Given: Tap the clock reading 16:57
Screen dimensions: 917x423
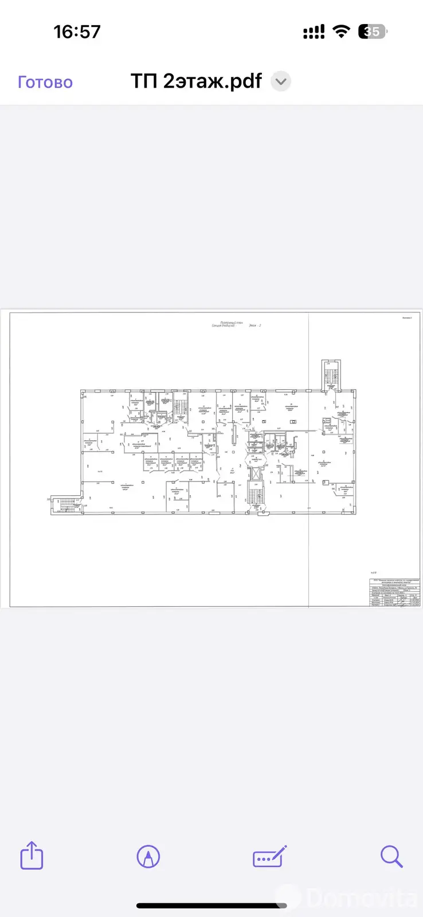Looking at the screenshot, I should click(77, 32).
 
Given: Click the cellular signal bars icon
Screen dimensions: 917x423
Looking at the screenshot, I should click(314, 32).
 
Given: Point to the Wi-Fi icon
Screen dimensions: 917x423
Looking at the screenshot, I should click(342, 32).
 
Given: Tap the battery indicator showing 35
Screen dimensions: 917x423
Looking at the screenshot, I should click(373, 32).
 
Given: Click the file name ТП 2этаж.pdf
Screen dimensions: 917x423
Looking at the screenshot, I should click(196, 81).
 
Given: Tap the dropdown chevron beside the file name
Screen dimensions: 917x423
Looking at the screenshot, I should click(281, 81).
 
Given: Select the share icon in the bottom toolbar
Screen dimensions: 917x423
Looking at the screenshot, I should click(32, 856).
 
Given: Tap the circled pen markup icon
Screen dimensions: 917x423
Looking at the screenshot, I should click(148, 857).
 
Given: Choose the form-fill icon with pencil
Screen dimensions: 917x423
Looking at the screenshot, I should click(269, 857).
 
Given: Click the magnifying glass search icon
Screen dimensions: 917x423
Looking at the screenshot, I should click(391, 857).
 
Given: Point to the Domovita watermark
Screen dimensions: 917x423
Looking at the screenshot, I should click(361, 897).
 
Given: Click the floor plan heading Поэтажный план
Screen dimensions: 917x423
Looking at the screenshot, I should click(232, 323).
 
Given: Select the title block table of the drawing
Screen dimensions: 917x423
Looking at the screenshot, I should click(395, 592).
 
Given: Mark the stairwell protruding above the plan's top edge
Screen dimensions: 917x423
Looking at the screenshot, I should click(331, 375).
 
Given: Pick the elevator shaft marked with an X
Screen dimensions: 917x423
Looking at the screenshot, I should click(256, 474).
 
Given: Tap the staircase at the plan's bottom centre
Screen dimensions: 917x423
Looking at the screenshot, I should click(256, 495).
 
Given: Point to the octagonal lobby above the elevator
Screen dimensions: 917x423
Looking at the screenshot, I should click(256, 460).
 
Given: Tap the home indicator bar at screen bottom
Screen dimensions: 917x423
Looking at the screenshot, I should click(211, 906).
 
